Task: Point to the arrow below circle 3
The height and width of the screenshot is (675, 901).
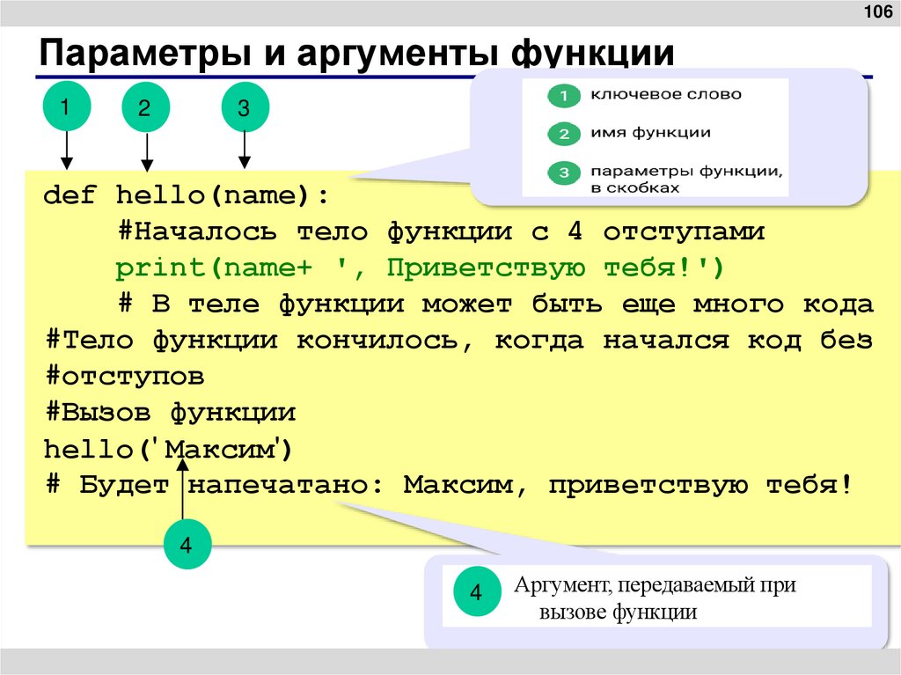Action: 245,150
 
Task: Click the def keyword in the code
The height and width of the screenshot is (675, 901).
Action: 70,194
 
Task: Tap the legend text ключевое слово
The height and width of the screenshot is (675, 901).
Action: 665,94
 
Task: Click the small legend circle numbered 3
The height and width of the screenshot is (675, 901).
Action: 562,173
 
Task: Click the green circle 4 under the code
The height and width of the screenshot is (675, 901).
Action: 186,546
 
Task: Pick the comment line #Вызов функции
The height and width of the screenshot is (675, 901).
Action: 170,412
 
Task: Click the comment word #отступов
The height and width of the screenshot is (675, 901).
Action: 124,376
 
